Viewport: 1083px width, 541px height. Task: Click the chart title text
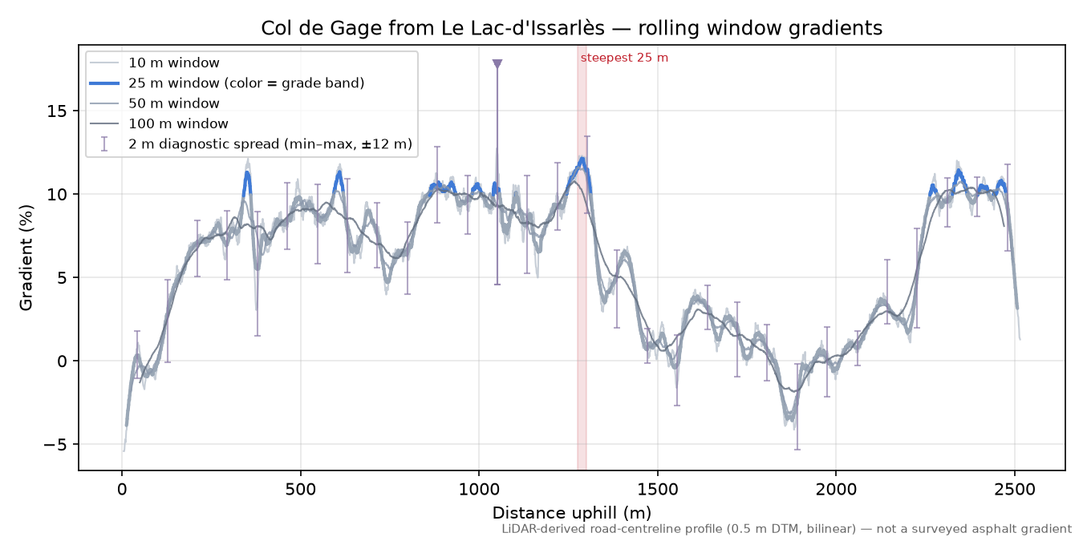point(571,28)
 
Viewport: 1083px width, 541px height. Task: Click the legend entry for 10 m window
point(173,63)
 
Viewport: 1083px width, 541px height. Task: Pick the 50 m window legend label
point(173,103)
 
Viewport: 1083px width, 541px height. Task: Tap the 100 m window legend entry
point(178,123)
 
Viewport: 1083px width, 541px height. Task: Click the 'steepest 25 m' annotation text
point(624,58)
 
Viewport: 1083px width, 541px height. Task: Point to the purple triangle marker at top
point(497,64)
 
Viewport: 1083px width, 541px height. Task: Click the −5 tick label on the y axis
point(55,444)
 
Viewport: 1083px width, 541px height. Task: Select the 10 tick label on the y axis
point(57,194)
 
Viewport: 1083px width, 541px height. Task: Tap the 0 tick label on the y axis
point(62,361)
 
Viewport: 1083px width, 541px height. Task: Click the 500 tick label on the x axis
point(300,490)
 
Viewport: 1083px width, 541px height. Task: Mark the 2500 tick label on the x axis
point(1014,490)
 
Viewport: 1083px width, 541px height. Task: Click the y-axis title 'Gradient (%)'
point(26,257)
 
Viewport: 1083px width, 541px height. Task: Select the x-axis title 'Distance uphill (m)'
point(571,512)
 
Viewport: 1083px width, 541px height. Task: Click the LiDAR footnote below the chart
point(787,529)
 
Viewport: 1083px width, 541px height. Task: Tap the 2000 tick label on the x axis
point(836,490)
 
